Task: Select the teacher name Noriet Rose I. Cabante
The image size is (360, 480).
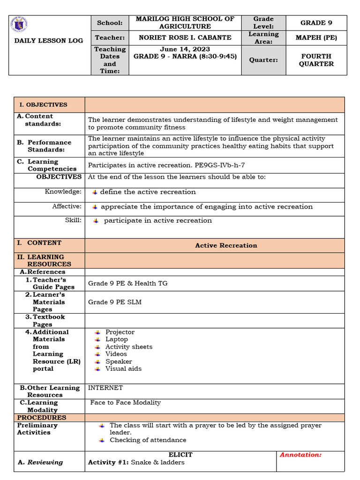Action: (185, 37)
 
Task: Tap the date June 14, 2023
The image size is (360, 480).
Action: (185, 49)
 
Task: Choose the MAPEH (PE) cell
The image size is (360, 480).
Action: (316, 37)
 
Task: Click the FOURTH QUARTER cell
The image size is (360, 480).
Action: (316, 60)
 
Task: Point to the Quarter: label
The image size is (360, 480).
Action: (263, 60)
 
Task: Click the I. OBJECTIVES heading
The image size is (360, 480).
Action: (43, 105)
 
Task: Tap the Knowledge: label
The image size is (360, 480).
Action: (63, 192)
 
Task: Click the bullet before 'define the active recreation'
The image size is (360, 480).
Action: (95, 192)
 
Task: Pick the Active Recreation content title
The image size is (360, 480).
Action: (226, 245)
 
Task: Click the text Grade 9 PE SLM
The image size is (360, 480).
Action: (115, 302)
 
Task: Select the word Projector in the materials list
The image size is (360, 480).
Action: (120, 332)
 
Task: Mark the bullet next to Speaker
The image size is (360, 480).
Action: (97, 361)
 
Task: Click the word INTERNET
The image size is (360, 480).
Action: (105, 388)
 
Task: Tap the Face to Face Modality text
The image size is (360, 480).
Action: (126, 403)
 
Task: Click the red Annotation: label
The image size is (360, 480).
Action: (300, 455)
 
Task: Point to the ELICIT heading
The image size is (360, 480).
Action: (180, 455)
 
